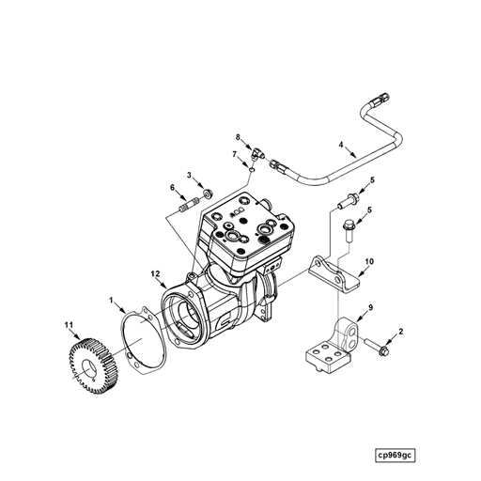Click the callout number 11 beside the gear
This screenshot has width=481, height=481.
69,325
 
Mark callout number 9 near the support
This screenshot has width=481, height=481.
370,308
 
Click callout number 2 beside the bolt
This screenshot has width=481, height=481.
401,332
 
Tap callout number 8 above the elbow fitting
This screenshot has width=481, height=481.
239,138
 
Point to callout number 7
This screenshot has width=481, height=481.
234,154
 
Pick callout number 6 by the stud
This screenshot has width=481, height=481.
172,188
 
